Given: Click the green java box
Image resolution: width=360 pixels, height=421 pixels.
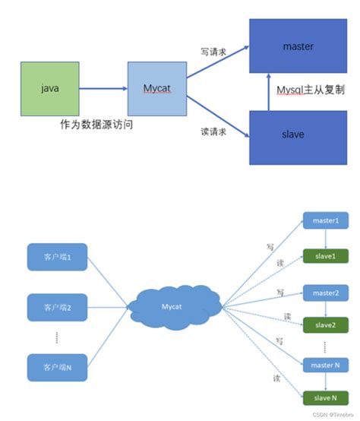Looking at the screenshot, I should point(49,89).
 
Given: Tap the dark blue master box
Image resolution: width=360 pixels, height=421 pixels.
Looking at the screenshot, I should point(297,47).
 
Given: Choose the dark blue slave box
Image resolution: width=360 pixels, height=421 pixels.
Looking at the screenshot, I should point(297,135).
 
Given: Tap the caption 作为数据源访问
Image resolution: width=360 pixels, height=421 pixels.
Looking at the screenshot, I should point(96,124).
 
